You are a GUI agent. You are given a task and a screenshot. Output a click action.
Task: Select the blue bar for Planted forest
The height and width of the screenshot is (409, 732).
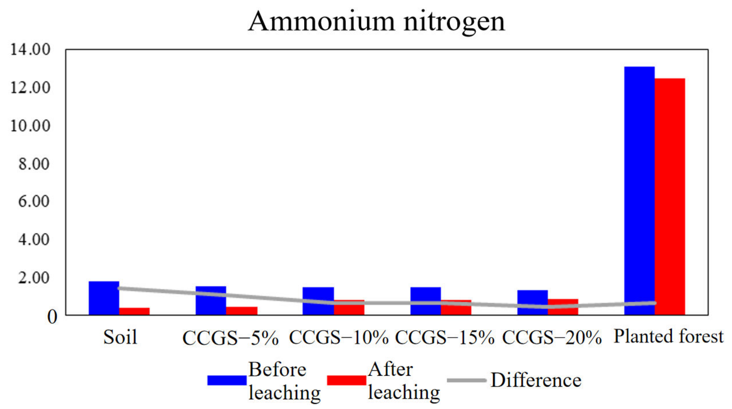(639, 190)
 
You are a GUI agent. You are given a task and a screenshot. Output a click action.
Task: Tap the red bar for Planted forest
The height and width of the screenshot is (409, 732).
(670, 196)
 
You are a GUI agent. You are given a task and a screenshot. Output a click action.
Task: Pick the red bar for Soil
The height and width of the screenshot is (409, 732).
(135, 311)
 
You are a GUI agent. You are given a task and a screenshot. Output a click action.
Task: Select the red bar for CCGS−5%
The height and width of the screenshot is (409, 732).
(242, 311)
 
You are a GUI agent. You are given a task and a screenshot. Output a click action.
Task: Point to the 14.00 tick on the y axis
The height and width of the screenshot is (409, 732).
(30, 49)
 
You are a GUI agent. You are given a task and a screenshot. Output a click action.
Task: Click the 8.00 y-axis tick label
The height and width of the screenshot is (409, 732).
(34, 164)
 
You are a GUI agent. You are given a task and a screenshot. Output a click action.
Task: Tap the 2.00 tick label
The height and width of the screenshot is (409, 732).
(34, 278)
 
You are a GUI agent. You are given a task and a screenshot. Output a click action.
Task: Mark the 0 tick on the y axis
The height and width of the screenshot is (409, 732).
(52, 317)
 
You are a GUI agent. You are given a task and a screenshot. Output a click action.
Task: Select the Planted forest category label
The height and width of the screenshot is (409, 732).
(668, 337)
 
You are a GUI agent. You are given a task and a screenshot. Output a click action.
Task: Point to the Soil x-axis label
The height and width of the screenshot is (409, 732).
(120, 337)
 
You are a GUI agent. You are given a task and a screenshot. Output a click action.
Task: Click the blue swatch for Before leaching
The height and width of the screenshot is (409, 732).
(227, 380)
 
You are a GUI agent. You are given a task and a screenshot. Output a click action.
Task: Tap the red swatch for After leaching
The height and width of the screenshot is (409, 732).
(346, 380)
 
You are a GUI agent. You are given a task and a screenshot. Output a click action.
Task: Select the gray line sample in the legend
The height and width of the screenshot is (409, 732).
(466, 380)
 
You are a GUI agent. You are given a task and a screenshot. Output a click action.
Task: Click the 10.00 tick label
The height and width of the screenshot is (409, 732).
(30, 126)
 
